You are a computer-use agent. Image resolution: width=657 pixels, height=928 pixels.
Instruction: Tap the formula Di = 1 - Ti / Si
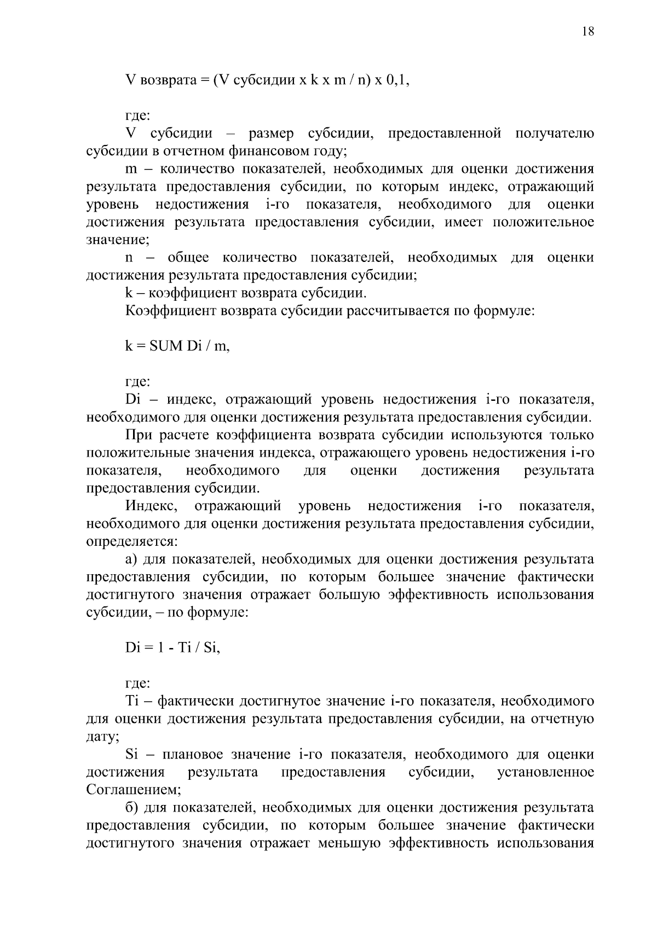(172, 648)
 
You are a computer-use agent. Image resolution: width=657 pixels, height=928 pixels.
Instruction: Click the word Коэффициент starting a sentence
(170, 311)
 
